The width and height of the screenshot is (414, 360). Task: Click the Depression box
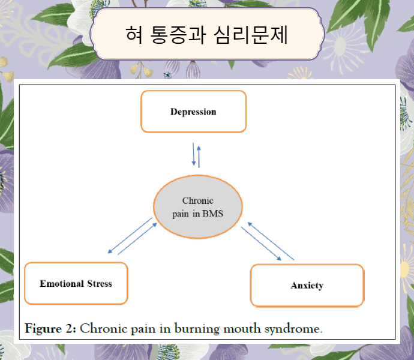(193, 112)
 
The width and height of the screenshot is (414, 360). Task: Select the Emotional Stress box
(76, 283)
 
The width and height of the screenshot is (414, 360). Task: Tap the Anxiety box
(307, 286)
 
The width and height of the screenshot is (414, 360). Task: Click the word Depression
(193, 112)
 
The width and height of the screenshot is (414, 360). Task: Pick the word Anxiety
(307, 286)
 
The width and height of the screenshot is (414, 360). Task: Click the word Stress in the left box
(98, 283)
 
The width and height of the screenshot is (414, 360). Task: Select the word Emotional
(61, 283)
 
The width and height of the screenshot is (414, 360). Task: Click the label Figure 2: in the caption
(51, 328)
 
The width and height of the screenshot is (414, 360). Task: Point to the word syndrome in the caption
(294, 328)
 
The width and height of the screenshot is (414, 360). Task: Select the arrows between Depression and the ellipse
(196, 155)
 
